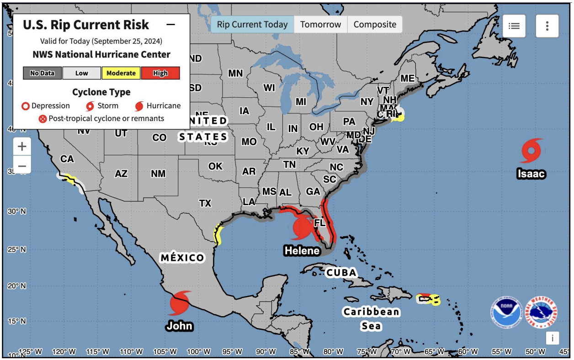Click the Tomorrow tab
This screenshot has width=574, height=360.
[320, 25]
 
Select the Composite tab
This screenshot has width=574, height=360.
[375, 25]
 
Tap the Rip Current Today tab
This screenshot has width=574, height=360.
[252, 25]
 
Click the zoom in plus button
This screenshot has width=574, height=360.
[22, 147]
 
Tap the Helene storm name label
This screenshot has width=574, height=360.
[302, 250]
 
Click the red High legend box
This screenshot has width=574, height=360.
[160, 73]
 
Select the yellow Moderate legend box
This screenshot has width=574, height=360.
[121, 73]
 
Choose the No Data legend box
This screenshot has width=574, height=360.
[42, 73]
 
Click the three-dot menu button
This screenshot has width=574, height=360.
[547, 26]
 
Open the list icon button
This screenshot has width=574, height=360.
[514, 26]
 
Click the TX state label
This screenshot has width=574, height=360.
[205, 203]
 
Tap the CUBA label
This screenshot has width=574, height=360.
[341, 273]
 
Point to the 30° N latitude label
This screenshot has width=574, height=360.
[16, 212]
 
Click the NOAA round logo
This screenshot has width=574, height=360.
[506, 312]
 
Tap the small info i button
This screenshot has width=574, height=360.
[553, 338]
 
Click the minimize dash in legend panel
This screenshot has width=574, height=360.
[170, 25]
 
